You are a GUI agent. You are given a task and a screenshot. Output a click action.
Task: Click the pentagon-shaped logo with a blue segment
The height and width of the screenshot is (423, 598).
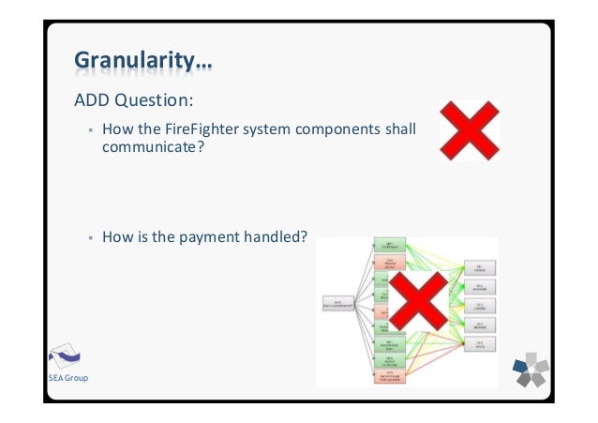(x=531, y=370)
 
